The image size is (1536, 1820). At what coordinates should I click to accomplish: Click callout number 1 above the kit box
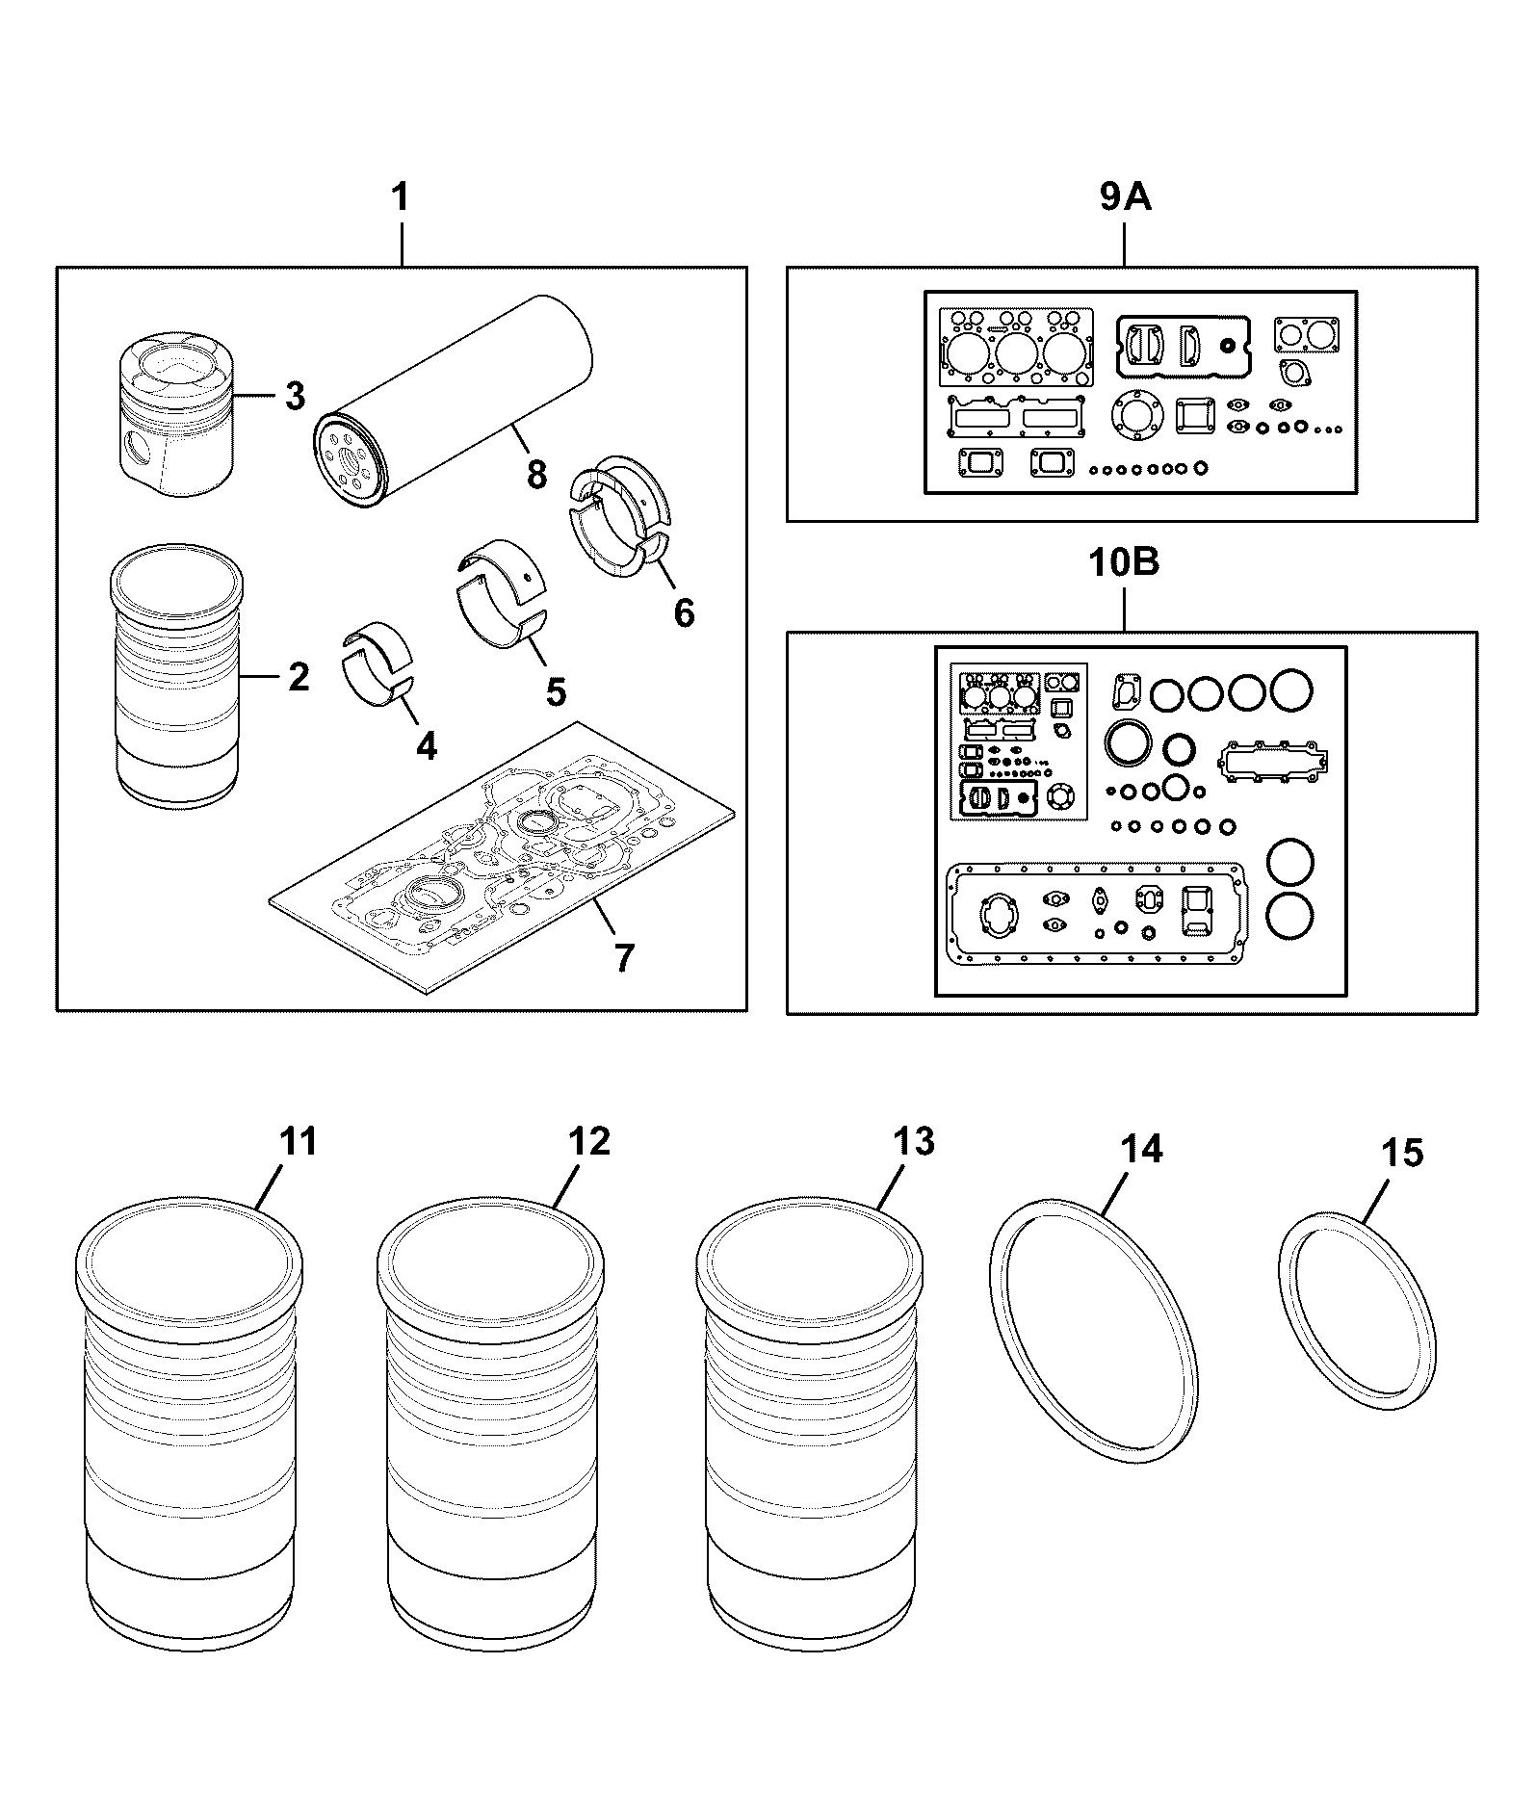pyautogui.click(x=401, y=197)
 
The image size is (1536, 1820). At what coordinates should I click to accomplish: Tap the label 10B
pyautogui.click(x=1124, y=561)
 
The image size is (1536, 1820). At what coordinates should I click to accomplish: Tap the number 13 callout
pyautogui.click(x=913, y=1141)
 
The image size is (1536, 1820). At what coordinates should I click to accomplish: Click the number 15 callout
pyautogui.click(x=1402, y=1153)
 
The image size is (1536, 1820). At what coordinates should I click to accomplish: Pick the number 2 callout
pyautogui.click(x=299, y=677)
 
